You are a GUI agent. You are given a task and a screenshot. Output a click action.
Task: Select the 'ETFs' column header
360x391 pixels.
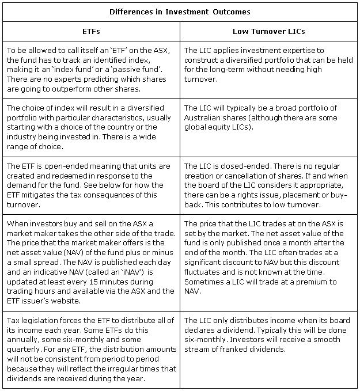91,32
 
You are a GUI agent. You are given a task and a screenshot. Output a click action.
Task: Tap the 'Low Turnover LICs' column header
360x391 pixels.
269,32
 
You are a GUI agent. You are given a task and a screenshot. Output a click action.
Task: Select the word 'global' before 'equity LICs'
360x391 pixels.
195,127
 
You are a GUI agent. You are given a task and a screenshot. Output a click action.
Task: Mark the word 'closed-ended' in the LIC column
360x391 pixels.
236,166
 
